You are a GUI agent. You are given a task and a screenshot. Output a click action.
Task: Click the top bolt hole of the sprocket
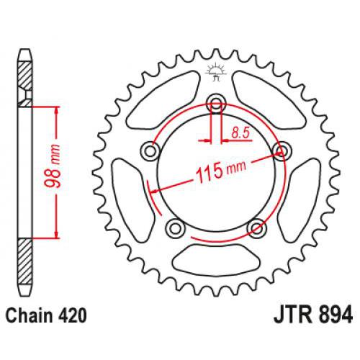pos(215,104)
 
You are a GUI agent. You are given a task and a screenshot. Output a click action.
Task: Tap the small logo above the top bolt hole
pos(214,71)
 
